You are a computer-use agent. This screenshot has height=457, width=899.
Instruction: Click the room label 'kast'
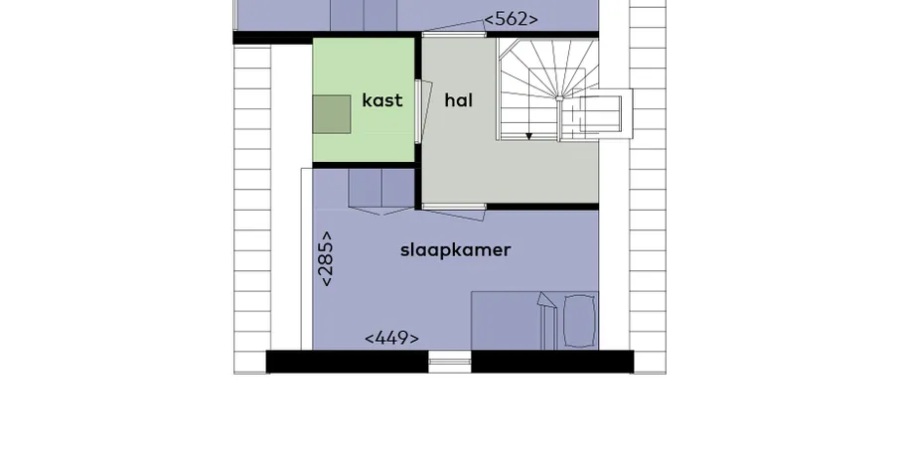[x=382, y=100]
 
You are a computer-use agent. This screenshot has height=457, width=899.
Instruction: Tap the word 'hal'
[x=458, y=100]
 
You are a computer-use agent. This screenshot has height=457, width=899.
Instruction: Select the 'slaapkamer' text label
[x=455, y=250]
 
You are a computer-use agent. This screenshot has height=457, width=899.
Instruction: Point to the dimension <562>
[x=511, y=19]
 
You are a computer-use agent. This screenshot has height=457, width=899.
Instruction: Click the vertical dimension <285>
[x=325, y=258]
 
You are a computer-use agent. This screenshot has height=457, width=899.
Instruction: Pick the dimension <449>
[x=391, y=339]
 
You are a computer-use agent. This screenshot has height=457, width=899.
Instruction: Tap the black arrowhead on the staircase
[x=529, y=136]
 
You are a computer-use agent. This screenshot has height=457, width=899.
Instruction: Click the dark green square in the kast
[x=332, y=114]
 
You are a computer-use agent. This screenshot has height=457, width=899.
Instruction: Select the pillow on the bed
[x=579, y=321]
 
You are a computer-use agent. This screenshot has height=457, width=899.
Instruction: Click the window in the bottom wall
[x=450, y=362]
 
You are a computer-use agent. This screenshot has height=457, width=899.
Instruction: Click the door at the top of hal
[x=454, y=30]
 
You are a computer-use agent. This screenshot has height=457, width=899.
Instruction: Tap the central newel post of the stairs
[x=559, y=98]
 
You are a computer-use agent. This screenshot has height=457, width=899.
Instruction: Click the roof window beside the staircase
[x=596, y=113]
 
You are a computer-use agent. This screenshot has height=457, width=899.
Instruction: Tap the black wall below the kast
[x=364, y=165]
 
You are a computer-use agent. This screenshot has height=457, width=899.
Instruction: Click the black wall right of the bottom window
[x=552, y=362]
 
